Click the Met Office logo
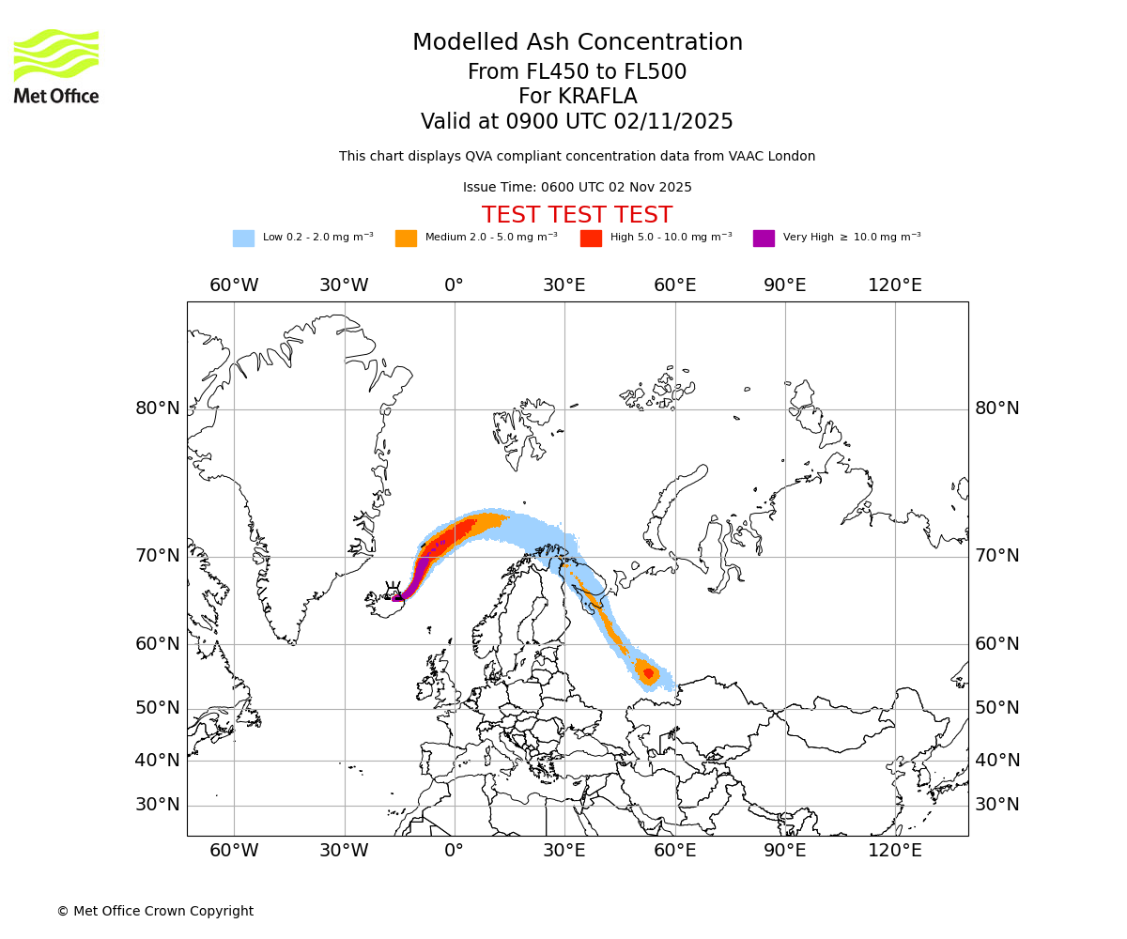(56, 67)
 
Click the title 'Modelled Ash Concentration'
(578, 43)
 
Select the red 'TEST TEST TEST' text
(577, 215)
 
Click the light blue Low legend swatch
(243, 239)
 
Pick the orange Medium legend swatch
(406, 239)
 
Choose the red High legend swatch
(591, 239)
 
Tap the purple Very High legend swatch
(764, 239)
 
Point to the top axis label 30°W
(344, 285)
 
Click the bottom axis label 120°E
(894, 851)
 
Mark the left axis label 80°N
(158, 408)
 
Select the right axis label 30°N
(997, 805)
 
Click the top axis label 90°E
(784, 285)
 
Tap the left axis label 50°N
(158, 708)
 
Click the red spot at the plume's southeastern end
(648, 673)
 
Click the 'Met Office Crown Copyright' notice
(155, 911)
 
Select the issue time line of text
(577, 188)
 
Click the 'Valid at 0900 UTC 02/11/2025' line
(577, 122)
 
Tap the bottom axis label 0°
(454, 851)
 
